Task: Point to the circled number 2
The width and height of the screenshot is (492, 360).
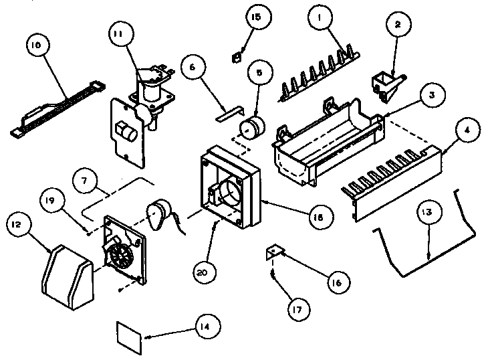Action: pos(398,25)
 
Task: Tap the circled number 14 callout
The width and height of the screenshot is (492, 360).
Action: pos(201,327)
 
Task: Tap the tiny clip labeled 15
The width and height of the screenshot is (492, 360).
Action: pos(235,57)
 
